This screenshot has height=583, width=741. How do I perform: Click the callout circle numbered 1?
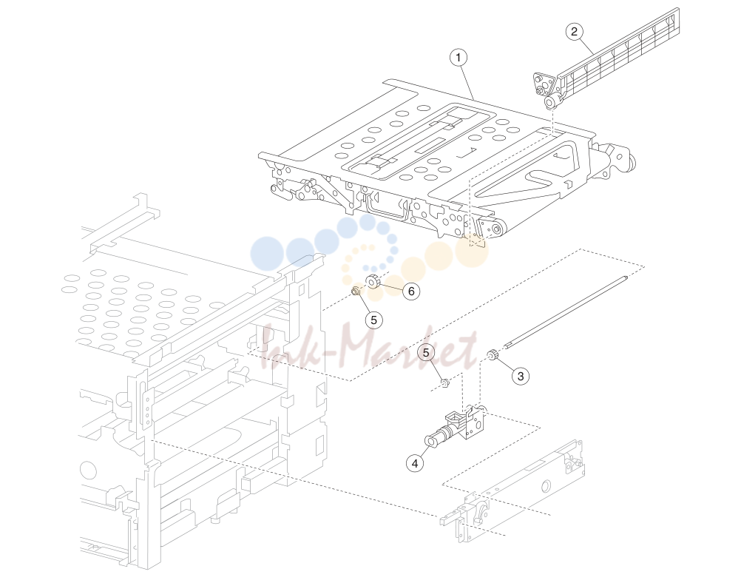tap(458, 58)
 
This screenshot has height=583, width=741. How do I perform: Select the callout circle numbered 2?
tap(574, 32)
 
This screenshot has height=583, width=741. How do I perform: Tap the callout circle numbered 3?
tap(521, 376)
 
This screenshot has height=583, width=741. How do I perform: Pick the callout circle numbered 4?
tap(415, 463)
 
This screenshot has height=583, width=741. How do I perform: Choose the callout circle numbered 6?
tap(411, 291)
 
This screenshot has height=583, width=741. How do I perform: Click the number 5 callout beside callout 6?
tap(373, 320)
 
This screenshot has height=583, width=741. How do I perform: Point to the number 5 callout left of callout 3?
tap(426, 353)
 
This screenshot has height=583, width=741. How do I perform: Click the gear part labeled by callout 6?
tap(373, 282)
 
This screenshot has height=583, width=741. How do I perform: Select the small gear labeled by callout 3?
tap(492, 354)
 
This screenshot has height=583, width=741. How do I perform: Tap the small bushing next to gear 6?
tap(356, 292)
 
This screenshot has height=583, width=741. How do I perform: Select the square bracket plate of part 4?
tap(473, 422)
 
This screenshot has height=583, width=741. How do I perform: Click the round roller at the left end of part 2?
tap(549, 103)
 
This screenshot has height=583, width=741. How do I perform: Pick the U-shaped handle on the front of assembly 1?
tap(385, 208)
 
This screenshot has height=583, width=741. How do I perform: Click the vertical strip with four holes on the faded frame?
tap(146, 410)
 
